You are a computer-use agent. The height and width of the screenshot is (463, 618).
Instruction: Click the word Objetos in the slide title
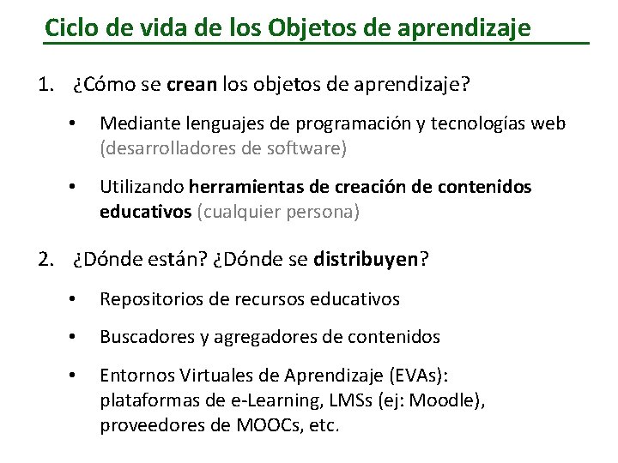[301, 27]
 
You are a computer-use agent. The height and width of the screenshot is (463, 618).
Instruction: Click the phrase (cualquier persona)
[278, 211]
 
